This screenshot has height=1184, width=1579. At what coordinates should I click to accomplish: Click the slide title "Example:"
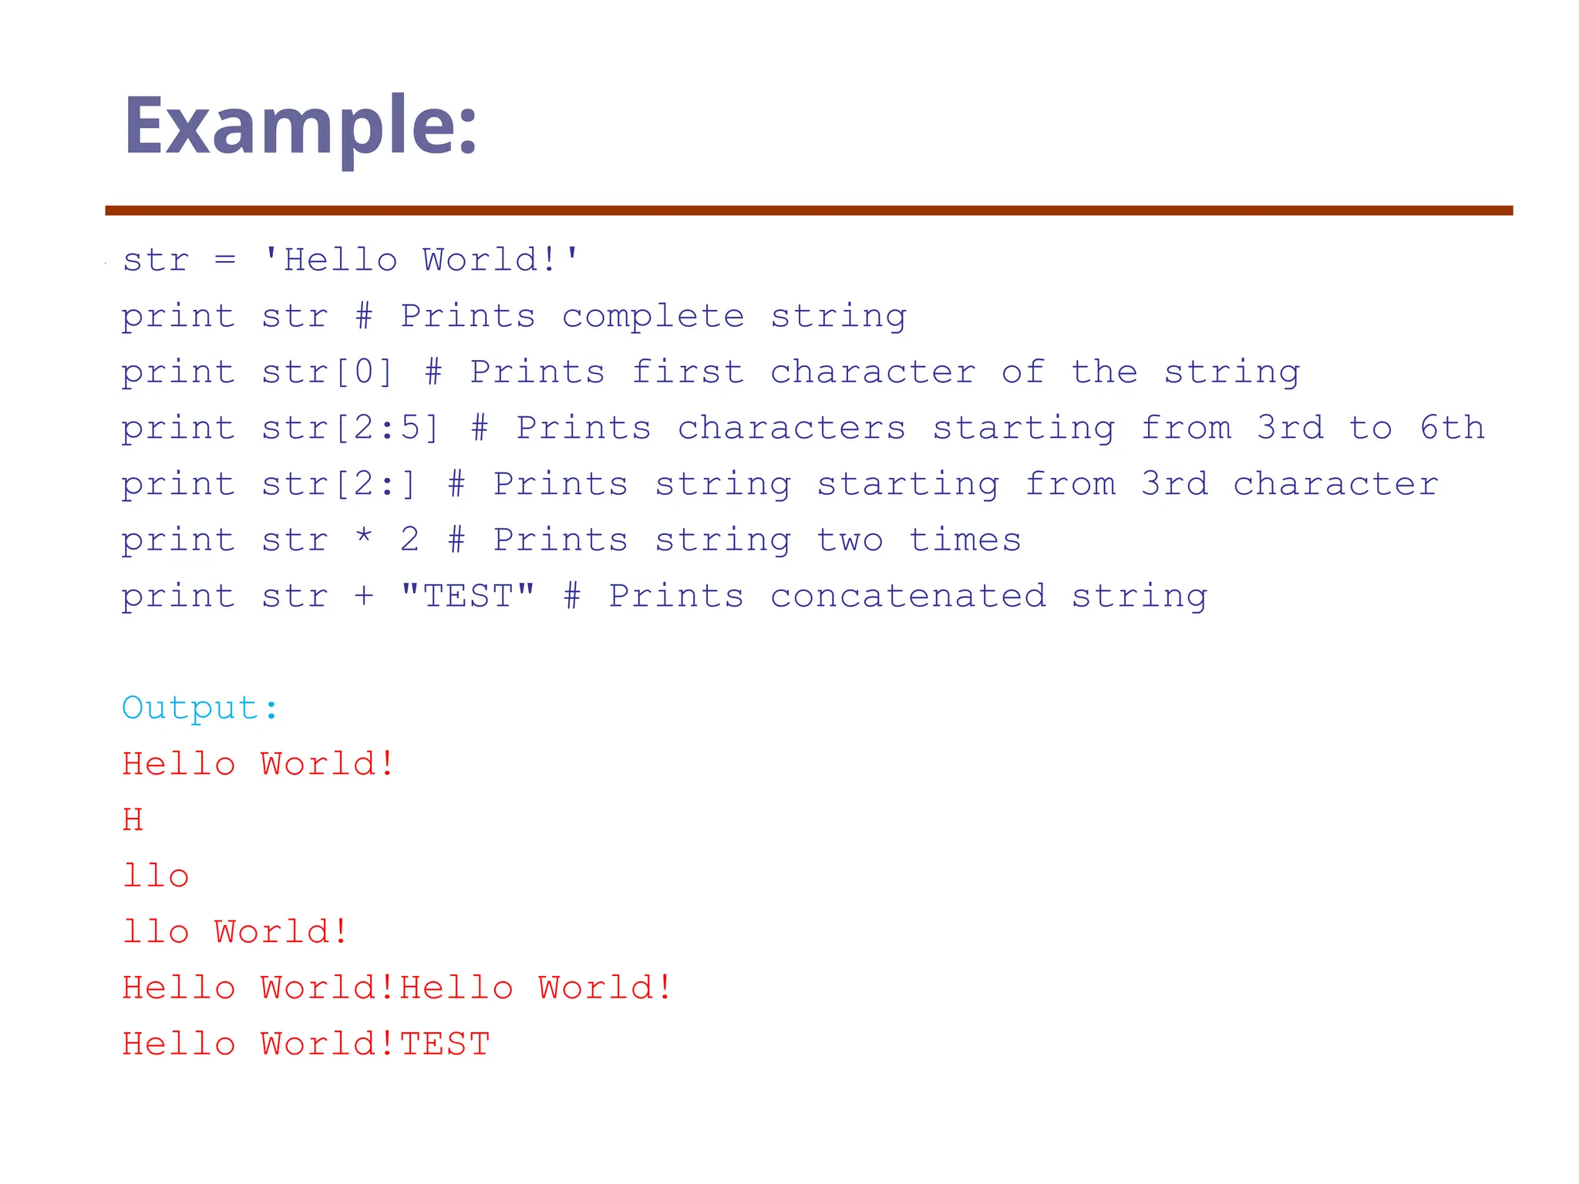301,126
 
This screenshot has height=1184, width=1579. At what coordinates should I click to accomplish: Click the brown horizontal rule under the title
809,210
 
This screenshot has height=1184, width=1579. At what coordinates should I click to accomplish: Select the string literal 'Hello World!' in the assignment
420,260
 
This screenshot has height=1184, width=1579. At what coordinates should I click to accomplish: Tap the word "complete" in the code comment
653,317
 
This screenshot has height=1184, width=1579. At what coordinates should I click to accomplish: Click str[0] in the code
327,373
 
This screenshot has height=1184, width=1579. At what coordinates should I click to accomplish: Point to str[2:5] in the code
350,429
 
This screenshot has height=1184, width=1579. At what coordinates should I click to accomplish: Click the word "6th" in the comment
1452,428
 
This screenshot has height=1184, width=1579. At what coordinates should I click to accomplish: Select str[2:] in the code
338,485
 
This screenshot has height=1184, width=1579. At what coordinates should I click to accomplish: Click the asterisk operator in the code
364,538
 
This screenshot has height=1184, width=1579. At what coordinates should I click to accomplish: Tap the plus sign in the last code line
364,596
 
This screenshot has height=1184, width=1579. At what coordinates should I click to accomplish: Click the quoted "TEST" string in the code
467,596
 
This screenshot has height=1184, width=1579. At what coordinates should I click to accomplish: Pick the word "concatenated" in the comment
908,596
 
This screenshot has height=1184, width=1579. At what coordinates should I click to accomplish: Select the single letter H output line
133,819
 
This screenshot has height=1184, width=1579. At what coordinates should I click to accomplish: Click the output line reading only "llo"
156,876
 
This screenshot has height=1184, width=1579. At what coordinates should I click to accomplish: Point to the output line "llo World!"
235,932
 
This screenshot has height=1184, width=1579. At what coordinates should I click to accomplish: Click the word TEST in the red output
445,1044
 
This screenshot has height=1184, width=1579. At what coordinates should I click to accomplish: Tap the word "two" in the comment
850,540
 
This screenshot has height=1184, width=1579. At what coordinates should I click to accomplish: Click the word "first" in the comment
688,373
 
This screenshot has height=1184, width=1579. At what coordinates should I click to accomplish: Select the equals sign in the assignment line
225,260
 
